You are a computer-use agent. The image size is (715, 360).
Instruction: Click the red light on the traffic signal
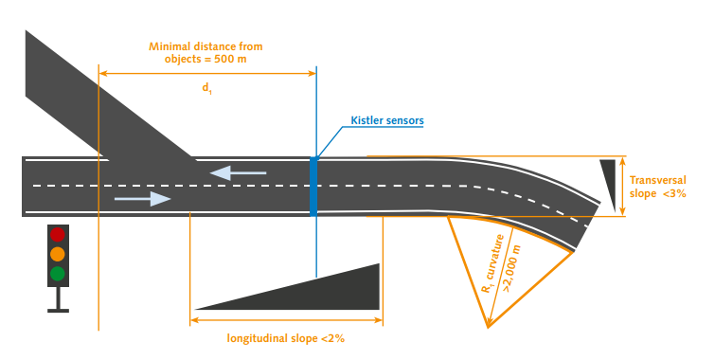pos(58,234)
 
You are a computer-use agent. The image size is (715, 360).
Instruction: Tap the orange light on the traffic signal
pos(58,254)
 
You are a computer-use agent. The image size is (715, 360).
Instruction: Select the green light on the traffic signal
pos(58,274)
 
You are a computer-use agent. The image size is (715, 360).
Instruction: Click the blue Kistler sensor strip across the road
pos(313,186)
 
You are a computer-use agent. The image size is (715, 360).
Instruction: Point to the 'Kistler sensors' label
pos(386,121)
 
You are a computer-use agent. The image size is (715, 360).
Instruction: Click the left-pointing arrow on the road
pos(238,172)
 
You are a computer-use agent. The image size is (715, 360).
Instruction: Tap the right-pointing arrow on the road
pos(143,199)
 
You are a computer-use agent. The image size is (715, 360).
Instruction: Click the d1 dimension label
pos(206,87)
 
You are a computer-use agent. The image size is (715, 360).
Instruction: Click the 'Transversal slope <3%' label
pos(657,185)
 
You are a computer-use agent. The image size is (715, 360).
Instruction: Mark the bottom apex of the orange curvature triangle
pos(488,328)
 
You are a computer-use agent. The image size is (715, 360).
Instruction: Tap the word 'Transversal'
pos(657,177)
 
